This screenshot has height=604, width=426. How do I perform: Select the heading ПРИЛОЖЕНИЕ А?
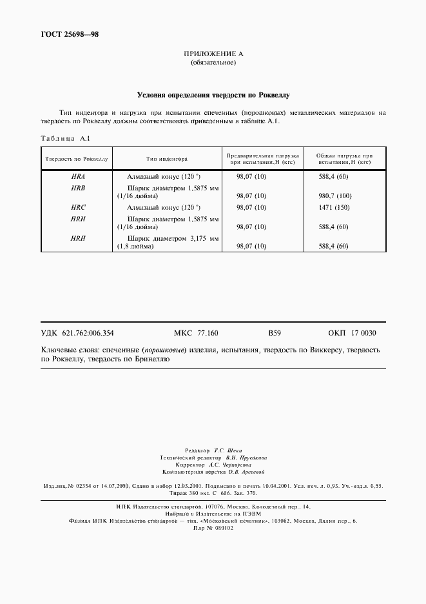point(213,54)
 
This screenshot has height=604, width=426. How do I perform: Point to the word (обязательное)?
point(213,63)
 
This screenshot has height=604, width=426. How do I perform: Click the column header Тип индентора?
point(166,158)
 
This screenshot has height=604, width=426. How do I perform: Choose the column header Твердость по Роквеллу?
point(75,158)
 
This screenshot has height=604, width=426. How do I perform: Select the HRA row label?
point(78,176)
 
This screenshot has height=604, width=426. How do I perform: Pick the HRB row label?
point(78,187)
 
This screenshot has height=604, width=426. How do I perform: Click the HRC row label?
point(78,208)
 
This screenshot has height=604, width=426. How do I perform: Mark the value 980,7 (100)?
point(335,196)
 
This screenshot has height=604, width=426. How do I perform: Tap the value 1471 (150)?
point(334,208)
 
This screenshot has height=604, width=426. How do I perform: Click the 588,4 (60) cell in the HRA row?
point(333,176)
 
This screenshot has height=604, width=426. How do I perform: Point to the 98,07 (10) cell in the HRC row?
point(251,208)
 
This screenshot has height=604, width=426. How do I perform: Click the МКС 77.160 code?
point(196,333)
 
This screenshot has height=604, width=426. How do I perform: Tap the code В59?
point(275,333)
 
